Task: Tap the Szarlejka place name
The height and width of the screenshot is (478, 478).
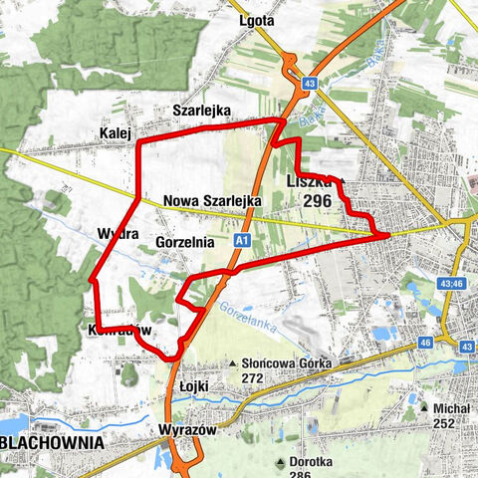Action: [x=201, y=110]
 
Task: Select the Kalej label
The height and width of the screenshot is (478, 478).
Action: [x=117, y=132]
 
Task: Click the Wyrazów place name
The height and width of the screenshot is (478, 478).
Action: [x=181, y=430]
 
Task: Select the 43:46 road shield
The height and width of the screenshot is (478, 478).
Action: [x=451, y=284]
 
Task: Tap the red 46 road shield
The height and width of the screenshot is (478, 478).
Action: [x=425, y=342]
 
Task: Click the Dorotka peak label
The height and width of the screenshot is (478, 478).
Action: [x=314, y=462]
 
